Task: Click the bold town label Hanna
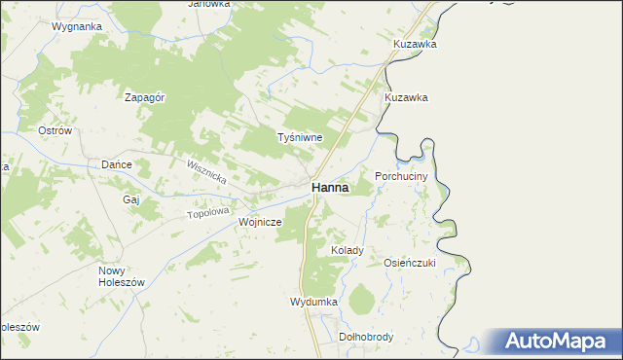[331, 188]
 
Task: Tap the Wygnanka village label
[77, 26]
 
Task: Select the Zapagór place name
[143, 96]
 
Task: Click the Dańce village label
[117, 164]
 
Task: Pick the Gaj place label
[132, 198]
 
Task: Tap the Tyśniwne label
[300, 138]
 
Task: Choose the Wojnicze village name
[260, 222]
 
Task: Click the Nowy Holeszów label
[121, 275]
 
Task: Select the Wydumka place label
[313, 302]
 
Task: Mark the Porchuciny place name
[401, 176]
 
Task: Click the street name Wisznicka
[206, 175]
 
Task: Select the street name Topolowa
[206, 212]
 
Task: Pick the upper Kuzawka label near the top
[415, 45]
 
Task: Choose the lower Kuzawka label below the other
[406, 98]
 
